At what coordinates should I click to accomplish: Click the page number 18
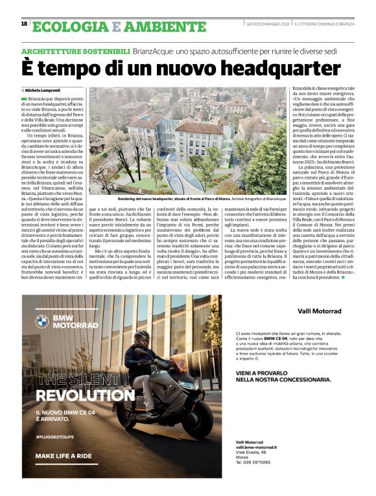[x=25, y=24]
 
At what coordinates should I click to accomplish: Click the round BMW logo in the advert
[x=41, y=321]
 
